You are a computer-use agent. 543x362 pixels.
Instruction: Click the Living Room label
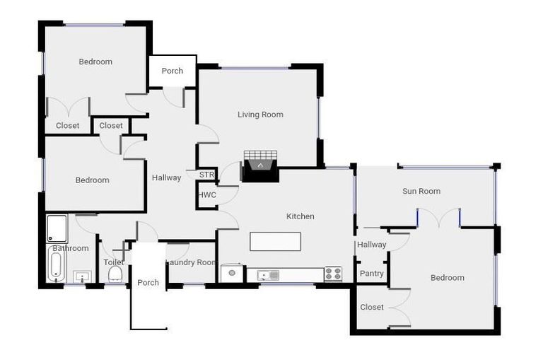(x=260, y=115)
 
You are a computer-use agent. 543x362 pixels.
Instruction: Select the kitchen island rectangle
(x=275, y=241)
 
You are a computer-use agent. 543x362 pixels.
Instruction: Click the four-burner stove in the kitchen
(x=333, y=273)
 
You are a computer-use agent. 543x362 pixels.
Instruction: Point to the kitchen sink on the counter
(x=269, y=274)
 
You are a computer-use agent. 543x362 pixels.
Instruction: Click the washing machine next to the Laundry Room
(x=231, y=273)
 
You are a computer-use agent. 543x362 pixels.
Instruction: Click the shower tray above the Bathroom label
(x=57, y=228)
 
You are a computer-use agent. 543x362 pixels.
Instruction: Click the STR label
(x=206, y=175)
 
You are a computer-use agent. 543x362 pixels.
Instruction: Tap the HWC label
(x=207, y=194)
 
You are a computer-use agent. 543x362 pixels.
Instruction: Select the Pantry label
(x=372, y=274)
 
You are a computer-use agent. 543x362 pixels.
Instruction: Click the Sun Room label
(x=421, y=191)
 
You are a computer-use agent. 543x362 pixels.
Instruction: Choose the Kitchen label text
(x=300, y=216)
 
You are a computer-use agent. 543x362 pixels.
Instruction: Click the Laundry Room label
(x=191, y=262)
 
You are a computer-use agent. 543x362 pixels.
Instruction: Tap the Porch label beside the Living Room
(x=172, y=71)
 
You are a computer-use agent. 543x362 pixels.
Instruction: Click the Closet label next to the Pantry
(x=372, y=307)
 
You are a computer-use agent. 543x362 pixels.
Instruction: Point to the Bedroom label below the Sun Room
(x=448, y=278)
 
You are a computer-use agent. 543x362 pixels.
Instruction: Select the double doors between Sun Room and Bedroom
(x=438, y=218)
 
